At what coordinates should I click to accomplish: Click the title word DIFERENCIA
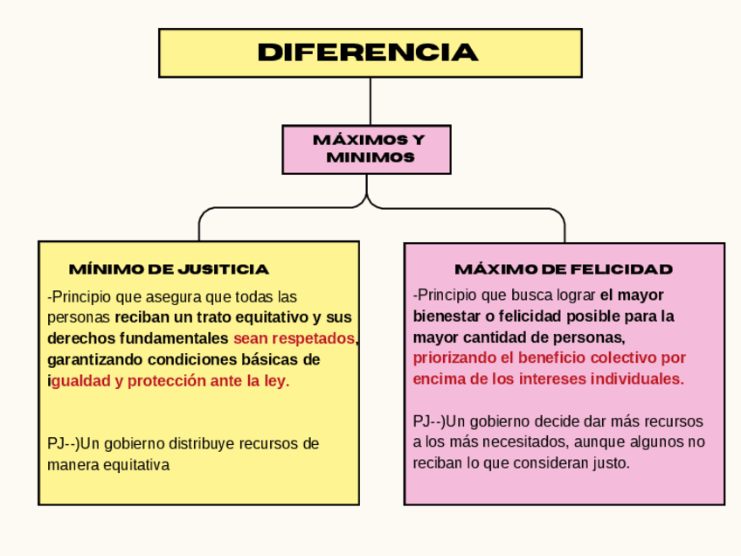click(368, 53)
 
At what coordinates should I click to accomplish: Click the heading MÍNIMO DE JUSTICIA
click(169, 268)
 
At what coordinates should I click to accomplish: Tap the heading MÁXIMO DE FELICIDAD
click(564, 268)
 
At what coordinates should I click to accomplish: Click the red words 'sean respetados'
click(294, 338)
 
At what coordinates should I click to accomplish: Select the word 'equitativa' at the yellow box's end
click(135, 465)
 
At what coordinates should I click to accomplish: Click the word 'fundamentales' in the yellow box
click(174, 338)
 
